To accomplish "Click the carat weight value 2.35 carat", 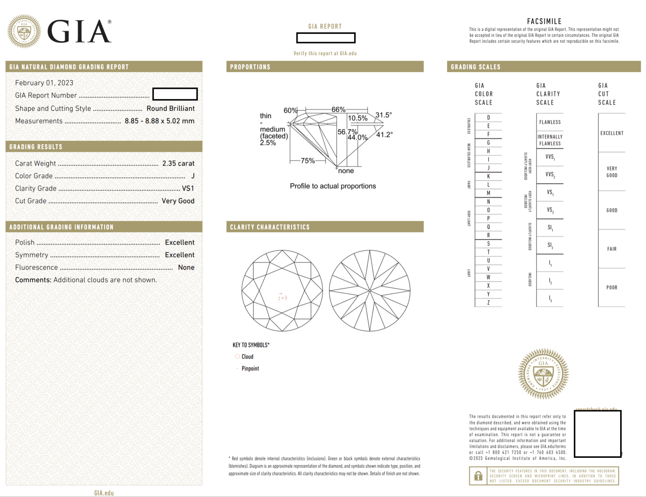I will [178, 164].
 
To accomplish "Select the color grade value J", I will [193, 176].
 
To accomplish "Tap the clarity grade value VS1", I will [188, 189].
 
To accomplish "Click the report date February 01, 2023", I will [44, 83].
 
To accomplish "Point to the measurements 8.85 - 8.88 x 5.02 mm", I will [159, 121].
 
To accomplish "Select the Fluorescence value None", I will [186, 268].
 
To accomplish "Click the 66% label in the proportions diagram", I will [338, 109].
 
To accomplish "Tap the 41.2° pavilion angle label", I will [384, 134].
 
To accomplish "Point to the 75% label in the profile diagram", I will [308, 161].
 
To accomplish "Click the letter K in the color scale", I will [488, 176].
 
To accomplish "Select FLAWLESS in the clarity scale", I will [550, 122].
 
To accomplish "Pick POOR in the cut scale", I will [612, 287].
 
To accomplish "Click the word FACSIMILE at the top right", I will [544, 21].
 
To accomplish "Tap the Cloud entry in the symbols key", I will [247, 356].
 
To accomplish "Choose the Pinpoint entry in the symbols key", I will [250, 369].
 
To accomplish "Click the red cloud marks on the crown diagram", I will [283, 297].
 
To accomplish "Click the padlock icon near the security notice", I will [478, 476].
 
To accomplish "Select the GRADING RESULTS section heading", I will [36, 147].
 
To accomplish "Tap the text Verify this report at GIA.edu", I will [325, 53].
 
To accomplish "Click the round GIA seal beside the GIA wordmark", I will [24, 31].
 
